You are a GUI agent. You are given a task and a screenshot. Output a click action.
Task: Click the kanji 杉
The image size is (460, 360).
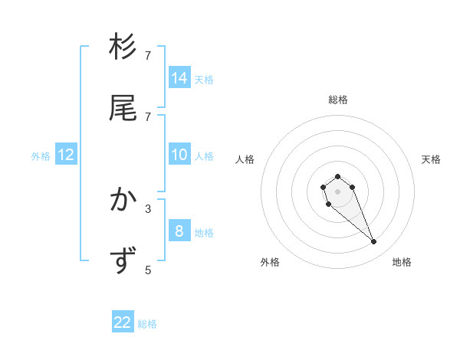click(123, 47)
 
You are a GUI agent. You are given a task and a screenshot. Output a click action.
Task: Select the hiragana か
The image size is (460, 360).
click(123, 201)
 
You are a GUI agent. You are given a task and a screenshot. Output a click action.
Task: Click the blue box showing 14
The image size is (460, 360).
click(179, 77)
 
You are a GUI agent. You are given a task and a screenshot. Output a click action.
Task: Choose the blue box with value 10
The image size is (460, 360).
click(179, 155)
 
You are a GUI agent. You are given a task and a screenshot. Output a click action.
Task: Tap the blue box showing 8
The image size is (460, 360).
click(179, 231)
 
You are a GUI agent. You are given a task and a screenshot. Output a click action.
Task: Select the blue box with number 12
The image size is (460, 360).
click(66, 155)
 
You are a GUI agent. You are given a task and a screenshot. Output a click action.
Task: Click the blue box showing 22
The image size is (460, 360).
click(123, 322)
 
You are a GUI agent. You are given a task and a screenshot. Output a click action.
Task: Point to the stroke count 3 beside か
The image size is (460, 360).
click(148, 208)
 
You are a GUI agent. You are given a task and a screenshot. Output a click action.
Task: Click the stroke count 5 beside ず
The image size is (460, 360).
click(148, 270)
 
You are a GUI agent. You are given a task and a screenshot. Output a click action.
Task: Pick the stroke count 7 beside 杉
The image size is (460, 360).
click(148, 56)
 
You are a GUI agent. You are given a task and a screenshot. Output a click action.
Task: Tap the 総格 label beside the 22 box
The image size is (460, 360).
click(147, 324)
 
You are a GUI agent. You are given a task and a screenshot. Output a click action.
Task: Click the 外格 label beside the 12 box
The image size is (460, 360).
click(41, 156)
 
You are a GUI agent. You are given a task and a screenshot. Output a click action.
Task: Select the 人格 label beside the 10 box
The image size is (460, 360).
click(204, 156)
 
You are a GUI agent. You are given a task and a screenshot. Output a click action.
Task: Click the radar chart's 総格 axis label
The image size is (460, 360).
click(338, 100)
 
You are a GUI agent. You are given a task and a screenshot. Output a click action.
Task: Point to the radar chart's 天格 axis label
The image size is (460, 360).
click(431, 159)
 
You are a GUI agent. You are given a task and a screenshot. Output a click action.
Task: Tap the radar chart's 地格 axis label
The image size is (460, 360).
click(402, 262)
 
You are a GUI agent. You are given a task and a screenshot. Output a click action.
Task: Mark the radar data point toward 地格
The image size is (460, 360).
click(374, 242)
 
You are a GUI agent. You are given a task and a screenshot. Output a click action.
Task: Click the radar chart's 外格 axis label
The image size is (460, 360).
click(270, 262)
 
